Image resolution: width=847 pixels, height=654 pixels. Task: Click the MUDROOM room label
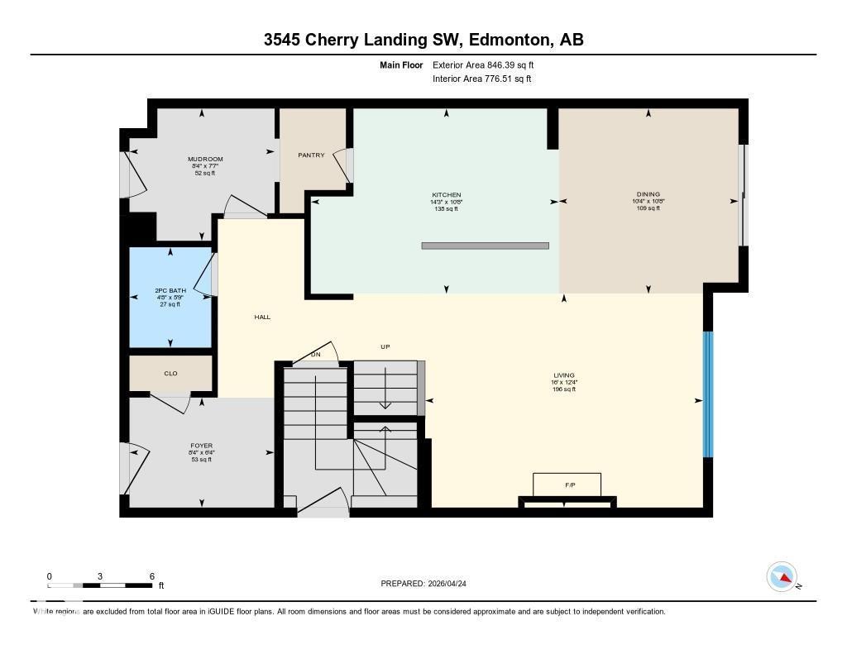(205, 159)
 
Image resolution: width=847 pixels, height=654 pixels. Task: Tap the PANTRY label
(311, 155)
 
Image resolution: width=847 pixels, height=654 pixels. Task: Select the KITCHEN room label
(447, 195)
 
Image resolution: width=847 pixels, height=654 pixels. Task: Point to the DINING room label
(648, 194)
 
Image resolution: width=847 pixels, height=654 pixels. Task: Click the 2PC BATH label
(170, 291)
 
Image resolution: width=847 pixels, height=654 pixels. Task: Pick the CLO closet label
(170, 374)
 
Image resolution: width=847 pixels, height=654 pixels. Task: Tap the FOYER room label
(202, 446)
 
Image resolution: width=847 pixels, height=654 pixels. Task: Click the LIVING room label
(563, 375)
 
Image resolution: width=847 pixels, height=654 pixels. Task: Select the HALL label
(262, 317)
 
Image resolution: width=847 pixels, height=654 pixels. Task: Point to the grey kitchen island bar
(485, 246)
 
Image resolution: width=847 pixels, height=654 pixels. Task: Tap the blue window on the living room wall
(707, 394)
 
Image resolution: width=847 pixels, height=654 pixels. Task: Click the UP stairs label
(385, 346)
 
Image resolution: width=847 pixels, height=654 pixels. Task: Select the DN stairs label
(315, 355)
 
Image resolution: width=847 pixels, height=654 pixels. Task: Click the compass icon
(782, 576)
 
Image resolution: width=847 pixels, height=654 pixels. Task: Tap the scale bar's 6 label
(151, 575)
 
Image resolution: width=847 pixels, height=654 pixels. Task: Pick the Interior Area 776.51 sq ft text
(481, 79)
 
